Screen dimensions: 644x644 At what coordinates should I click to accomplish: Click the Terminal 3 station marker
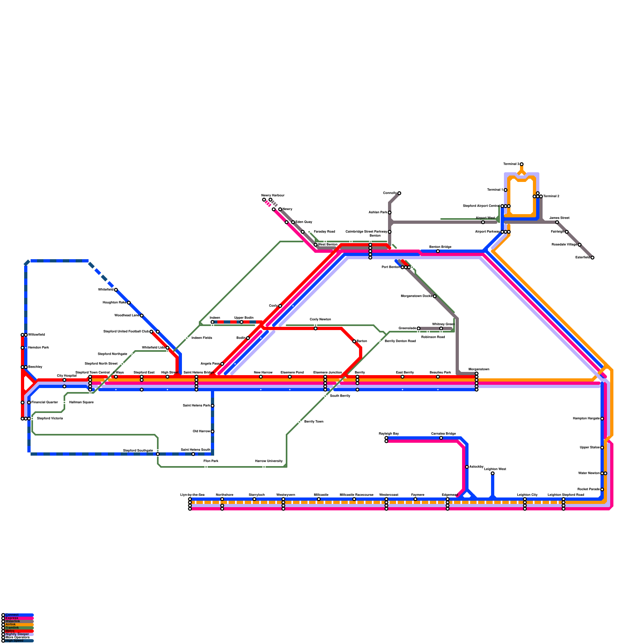522,164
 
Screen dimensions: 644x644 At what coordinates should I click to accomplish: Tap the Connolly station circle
399,193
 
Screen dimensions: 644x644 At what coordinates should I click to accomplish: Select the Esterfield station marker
592,258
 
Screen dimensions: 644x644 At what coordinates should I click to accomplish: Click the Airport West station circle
483,222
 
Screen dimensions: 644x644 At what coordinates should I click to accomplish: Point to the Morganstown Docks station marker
435,296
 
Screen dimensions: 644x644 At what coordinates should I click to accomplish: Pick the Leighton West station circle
493,473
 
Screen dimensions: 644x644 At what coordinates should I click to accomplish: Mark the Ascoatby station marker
467,467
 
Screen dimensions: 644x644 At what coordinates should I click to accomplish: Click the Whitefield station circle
116,290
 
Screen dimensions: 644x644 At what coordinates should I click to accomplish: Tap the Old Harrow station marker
213,431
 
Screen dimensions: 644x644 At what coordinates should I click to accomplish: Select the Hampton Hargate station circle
602,419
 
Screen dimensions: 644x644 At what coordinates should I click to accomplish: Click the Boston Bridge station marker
438,251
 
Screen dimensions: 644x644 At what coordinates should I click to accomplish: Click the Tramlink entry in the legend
12,627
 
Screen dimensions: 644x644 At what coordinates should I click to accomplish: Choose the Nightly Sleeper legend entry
17,634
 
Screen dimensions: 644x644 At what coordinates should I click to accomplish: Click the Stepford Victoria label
50,419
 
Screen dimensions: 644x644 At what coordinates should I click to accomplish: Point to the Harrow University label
269,461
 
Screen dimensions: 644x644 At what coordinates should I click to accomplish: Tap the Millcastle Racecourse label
357,495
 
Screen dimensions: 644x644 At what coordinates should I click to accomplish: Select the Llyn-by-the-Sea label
192,495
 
